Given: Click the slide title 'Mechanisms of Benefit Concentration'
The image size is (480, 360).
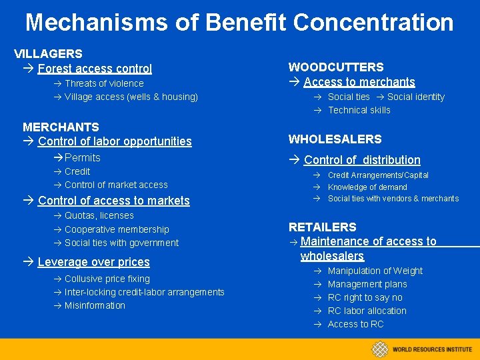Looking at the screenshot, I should [239, 22].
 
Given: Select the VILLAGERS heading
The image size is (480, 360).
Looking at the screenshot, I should [48, 53].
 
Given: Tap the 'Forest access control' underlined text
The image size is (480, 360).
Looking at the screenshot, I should [95, 68].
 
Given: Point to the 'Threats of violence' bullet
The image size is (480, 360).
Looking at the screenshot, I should [104, 83].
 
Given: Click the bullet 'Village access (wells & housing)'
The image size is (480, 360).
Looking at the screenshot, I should [131, 97].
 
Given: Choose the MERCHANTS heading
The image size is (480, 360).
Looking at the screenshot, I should [61, 127].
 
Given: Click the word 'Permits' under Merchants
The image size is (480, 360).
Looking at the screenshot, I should [83, 157].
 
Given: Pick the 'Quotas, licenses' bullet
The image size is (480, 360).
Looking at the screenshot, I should [99, 215].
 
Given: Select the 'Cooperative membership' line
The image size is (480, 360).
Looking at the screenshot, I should [117, 229].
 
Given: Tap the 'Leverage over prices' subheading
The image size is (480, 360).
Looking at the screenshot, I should [93, 262].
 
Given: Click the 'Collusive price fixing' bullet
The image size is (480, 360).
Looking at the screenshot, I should [107, 279].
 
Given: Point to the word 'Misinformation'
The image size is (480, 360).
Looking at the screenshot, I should [95, 305].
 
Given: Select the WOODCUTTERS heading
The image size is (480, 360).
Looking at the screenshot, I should [335, 67].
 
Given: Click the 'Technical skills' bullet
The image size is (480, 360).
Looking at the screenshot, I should [359, 110].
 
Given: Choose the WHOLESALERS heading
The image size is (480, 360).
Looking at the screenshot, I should [335, 139].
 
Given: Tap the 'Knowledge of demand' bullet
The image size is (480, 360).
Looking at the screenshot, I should [367, 187].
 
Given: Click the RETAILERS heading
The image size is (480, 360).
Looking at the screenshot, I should [322, 227].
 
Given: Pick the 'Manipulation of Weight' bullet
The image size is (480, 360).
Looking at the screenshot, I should [375, 271].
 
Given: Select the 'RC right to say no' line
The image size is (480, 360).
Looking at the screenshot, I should [365, 297].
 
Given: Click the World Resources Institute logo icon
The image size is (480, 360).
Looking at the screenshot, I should [380, 349].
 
